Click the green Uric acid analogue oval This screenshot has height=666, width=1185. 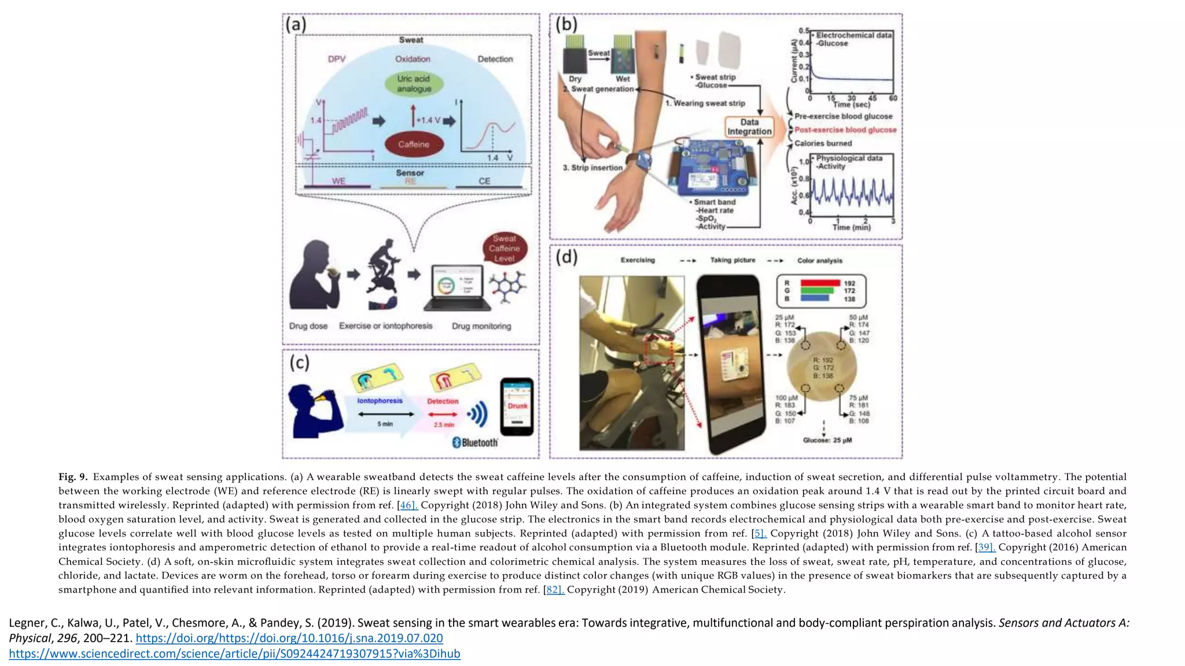pos(414,84)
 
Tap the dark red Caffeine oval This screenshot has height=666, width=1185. pos(414,145)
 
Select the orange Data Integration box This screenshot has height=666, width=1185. pos(749,127)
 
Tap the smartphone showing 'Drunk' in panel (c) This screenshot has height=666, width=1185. pos(517,406)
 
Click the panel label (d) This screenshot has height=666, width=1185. pos(566,256)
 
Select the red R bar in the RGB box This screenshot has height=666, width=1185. pos(820,283)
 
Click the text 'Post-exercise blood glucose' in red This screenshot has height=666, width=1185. pos(845,130)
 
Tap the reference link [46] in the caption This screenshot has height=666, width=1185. pos(408,505)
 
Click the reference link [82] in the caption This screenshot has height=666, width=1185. pos(554,590)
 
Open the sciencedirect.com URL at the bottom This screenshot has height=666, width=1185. pos(234,654)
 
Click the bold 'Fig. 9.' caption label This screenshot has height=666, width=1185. pos(73,477)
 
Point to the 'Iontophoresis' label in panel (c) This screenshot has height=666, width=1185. pos(380,401)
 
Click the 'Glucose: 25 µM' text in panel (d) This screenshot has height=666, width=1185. pos(827,441)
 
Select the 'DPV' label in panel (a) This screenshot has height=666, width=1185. pos(337,59)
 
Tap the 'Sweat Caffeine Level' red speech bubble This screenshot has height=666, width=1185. pos(504,248)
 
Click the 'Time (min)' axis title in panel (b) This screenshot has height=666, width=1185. pos(851,228)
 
